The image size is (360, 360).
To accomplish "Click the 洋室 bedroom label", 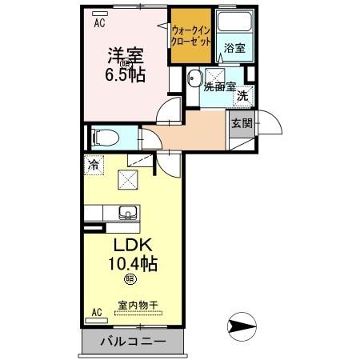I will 126,55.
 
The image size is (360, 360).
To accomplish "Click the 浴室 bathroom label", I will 234,48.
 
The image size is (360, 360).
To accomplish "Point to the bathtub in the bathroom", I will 235,25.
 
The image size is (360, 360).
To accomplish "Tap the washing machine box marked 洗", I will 241,95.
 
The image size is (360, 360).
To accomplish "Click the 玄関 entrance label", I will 242,123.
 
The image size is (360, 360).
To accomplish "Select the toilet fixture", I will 102,137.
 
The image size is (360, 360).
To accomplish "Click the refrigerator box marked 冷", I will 94,166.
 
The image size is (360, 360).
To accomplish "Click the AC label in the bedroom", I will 99,23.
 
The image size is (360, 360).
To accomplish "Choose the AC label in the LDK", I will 97,312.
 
